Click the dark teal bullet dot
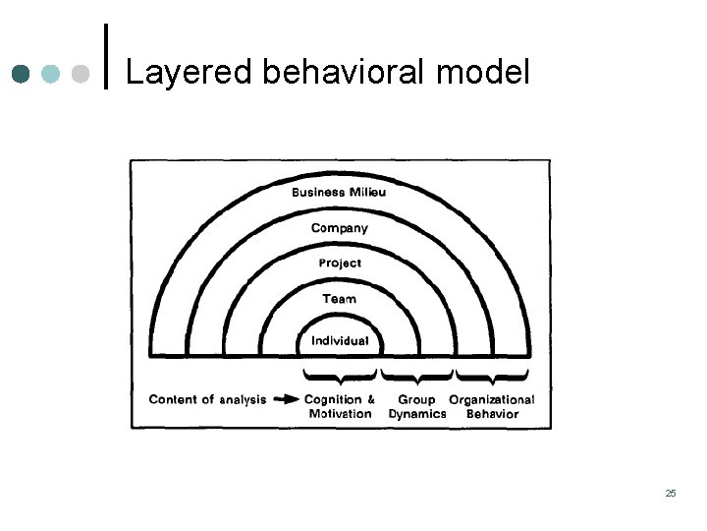pos(22,74)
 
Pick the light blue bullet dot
pos(52,74)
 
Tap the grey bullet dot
pos(82,74)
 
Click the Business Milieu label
pos(339,192)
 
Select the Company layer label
pos(339,228)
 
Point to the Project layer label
pos(340,264)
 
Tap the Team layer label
pos(340,299)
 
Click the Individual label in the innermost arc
pos(340,341)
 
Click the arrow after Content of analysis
pos(286,400)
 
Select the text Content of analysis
pos(207,400)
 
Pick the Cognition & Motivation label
pos(340,407)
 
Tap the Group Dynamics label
pos(416,407)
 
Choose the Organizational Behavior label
pos(492,407)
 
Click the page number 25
pos(671,493)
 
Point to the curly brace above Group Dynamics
pos(416,376)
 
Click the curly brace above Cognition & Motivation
pos(340,376)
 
